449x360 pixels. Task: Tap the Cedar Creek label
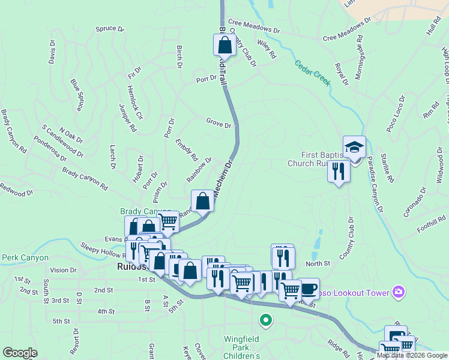313,73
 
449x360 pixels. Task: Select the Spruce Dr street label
109,29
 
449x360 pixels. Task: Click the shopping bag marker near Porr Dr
224,46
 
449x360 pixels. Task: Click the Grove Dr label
218,125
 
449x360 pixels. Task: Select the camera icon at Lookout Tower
397,292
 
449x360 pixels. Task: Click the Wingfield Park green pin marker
265,321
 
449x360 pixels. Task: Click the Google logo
20,353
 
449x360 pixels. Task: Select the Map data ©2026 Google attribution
411,355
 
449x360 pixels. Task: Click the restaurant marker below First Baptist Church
339,172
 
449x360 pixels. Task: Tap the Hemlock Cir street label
134,101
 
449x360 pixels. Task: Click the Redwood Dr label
16,193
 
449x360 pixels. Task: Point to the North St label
318,263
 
